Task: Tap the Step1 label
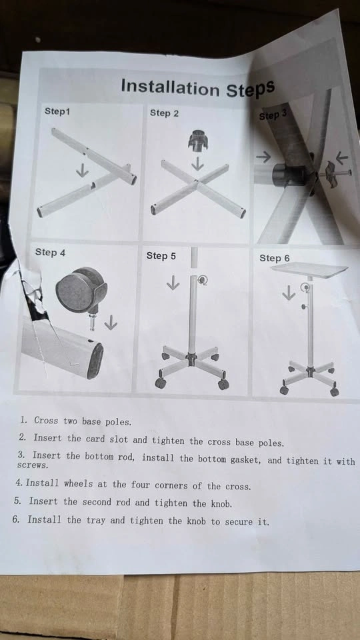(57, 111)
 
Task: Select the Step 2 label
(164, 113)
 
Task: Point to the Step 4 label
(50, 252)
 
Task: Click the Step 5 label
(161, 256)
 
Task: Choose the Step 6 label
(274, 258)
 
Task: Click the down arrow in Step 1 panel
(82, 170)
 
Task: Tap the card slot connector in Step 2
(198, 141)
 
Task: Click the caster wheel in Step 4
(81, 291)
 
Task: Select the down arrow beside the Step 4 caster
(110, 323)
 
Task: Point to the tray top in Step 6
(309, 269)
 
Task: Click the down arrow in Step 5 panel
(173, 283)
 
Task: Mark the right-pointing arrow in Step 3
(264, 157)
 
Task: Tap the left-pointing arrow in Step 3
(342, 157)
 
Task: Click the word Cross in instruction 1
(46, 421)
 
